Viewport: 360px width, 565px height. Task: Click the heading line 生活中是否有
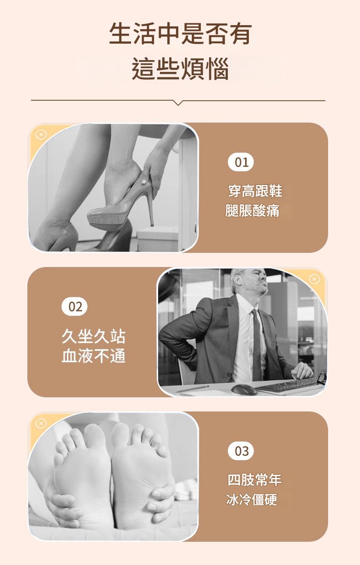(x=180, y=33)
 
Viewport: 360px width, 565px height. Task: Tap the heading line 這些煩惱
(x=180, y=69)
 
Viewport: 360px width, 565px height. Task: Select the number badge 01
(x=241, y=162)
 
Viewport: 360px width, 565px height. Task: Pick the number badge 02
(x=74, y=307)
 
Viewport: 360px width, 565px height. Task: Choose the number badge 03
(x=241, y=451)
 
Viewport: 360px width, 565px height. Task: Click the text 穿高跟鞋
(x=255, y=190)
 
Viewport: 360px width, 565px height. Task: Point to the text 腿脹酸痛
(x=252, y=211)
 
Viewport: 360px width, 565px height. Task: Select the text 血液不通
(x=93, y=356)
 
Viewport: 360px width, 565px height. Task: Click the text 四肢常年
(x=255, y=480)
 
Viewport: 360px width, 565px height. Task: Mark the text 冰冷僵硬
(x=252, y=500)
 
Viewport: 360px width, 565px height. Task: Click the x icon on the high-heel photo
(x=41, y=135)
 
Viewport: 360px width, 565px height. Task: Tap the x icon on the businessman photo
(x=314, y=279)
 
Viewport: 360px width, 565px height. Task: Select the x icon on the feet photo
(x=41, y=424)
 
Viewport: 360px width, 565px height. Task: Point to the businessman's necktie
(x=257, y=344)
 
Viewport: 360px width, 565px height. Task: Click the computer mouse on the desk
(x=243, y=390)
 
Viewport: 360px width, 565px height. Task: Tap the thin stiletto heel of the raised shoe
(x=151, y=205)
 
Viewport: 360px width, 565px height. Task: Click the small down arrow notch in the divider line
(x=178, y=103)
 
